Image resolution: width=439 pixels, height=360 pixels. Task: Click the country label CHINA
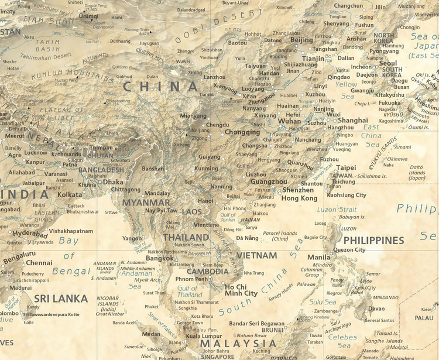point(160,87)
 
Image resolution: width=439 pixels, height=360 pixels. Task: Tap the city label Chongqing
point(242,132)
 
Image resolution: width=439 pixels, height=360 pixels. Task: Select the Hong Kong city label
point(299,198)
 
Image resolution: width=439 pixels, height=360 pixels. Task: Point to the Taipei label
point(346,167)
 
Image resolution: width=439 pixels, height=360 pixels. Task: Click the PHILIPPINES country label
point(373,241)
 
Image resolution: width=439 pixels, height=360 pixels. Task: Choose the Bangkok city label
point(160,258)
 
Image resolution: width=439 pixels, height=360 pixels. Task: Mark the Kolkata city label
point(70,194)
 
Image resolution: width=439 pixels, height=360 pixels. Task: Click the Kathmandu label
point(67,155)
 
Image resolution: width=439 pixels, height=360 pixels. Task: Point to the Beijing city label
point(302,40)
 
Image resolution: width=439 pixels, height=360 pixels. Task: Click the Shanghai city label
point(353,121)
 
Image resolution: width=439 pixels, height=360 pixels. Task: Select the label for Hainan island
point(250,220)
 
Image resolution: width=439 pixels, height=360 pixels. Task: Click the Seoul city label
point(388,63)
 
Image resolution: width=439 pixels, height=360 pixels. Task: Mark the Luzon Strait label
point(335,209)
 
